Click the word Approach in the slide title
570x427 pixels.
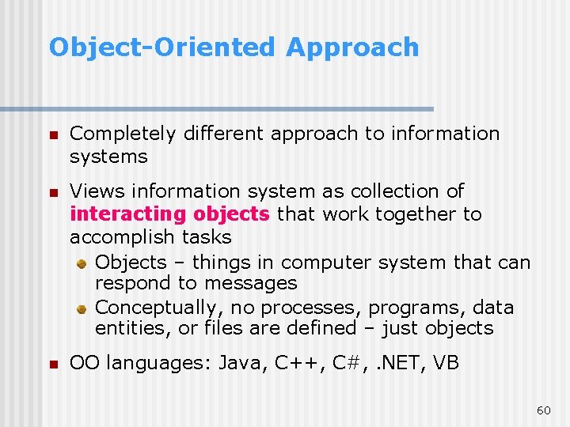[352, 47]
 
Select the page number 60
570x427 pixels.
[543, 410]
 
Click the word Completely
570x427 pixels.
[123, 134]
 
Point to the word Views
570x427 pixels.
[97, 191]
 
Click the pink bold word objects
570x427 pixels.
[232, 214]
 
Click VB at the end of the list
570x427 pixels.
[446, 364]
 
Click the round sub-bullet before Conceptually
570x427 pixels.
[82, 308]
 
